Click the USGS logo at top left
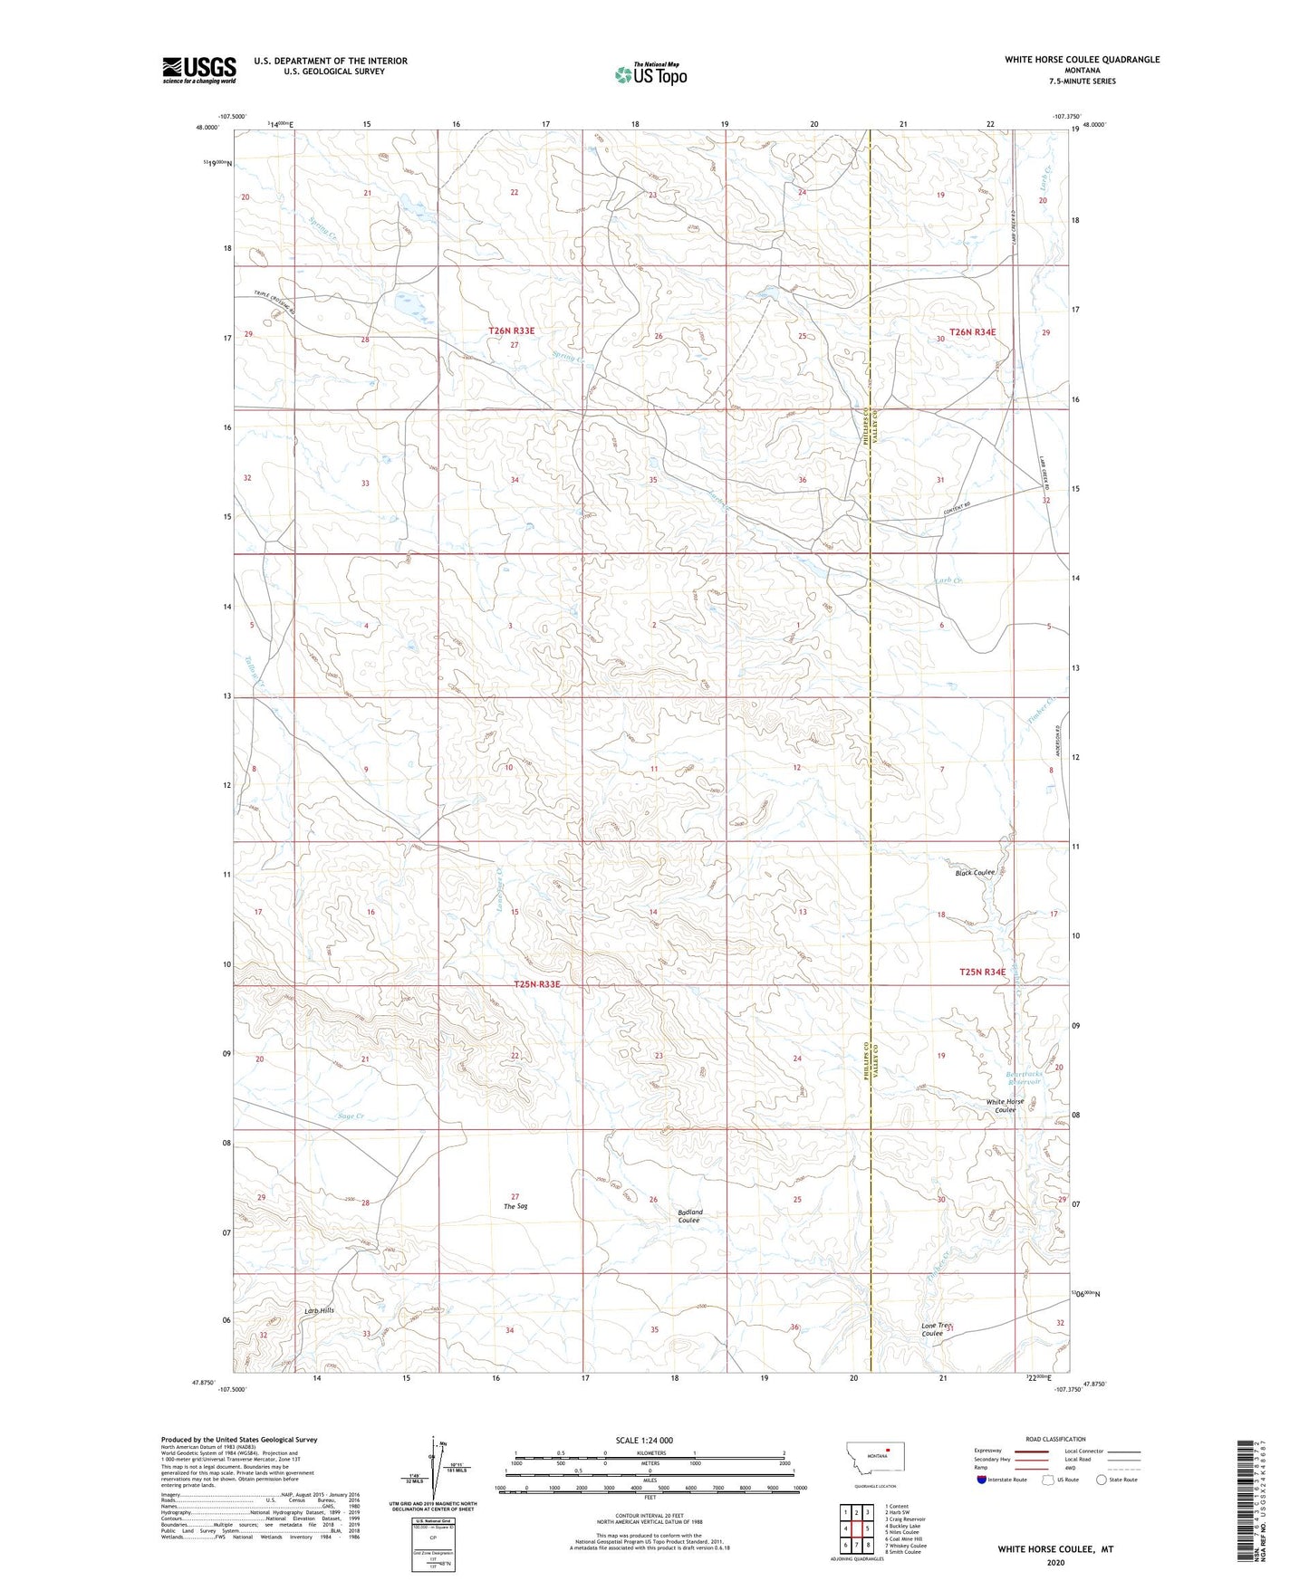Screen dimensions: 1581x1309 click(x=198, y=70)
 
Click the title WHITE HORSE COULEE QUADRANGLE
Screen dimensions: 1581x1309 click(x=1082, y=60)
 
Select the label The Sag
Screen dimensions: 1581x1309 click(x=515, y=1206)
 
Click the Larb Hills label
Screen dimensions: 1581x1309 click(x=319, y=1310)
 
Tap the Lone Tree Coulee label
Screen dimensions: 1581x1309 click(x=939, y=1329)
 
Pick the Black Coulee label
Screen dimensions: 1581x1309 click(x=975, y=873)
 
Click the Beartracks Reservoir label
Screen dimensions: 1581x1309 click(x=1024, y=1078)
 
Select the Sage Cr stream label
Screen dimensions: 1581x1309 click(x=351, y=1116)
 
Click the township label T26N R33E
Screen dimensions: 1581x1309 click(x=511, y=331)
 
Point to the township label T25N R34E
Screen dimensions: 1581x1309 click(x=982, y=972)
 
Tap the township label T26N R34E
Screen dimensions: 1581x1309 click(x=972, y=332)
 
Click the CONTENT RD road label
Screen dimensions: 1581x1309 click(x=963, y=509)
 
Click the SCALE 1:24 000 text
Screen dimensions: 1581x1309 click(x=643, y=1440)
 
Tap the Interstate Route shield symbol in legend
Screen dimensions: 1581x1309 click(x=983, y=1480)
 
